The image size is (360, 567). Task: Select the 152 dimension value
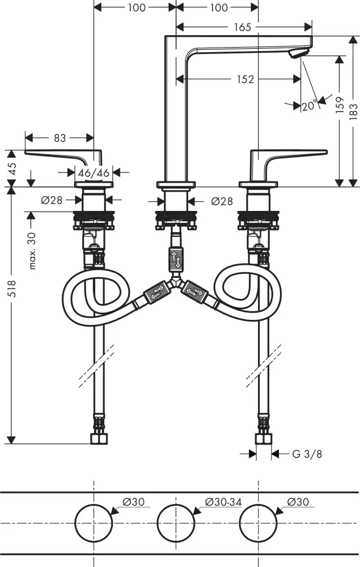[x=245, y=80]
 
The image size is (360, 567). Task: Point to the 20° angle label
[x=309, y=105]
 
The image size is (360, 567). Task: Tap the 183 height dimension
[x=354, y=111]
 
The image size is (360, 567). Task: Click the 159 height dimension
[x=340, y=105]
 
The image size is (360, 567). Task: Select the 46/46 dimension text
[x=95, y=172]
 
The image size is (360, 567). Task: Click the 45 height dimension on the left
[x=13, y=169]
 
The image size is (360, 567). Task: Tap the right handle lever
[x=289, y=155]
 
